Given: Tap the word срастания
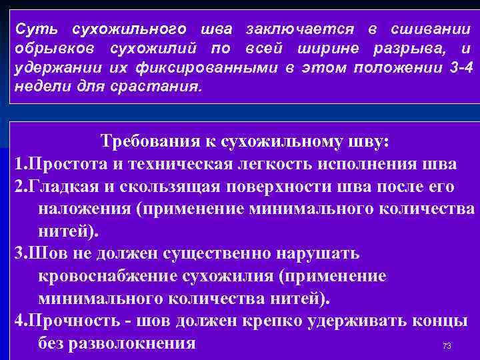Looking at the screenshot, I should click(x=161, y=87).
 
